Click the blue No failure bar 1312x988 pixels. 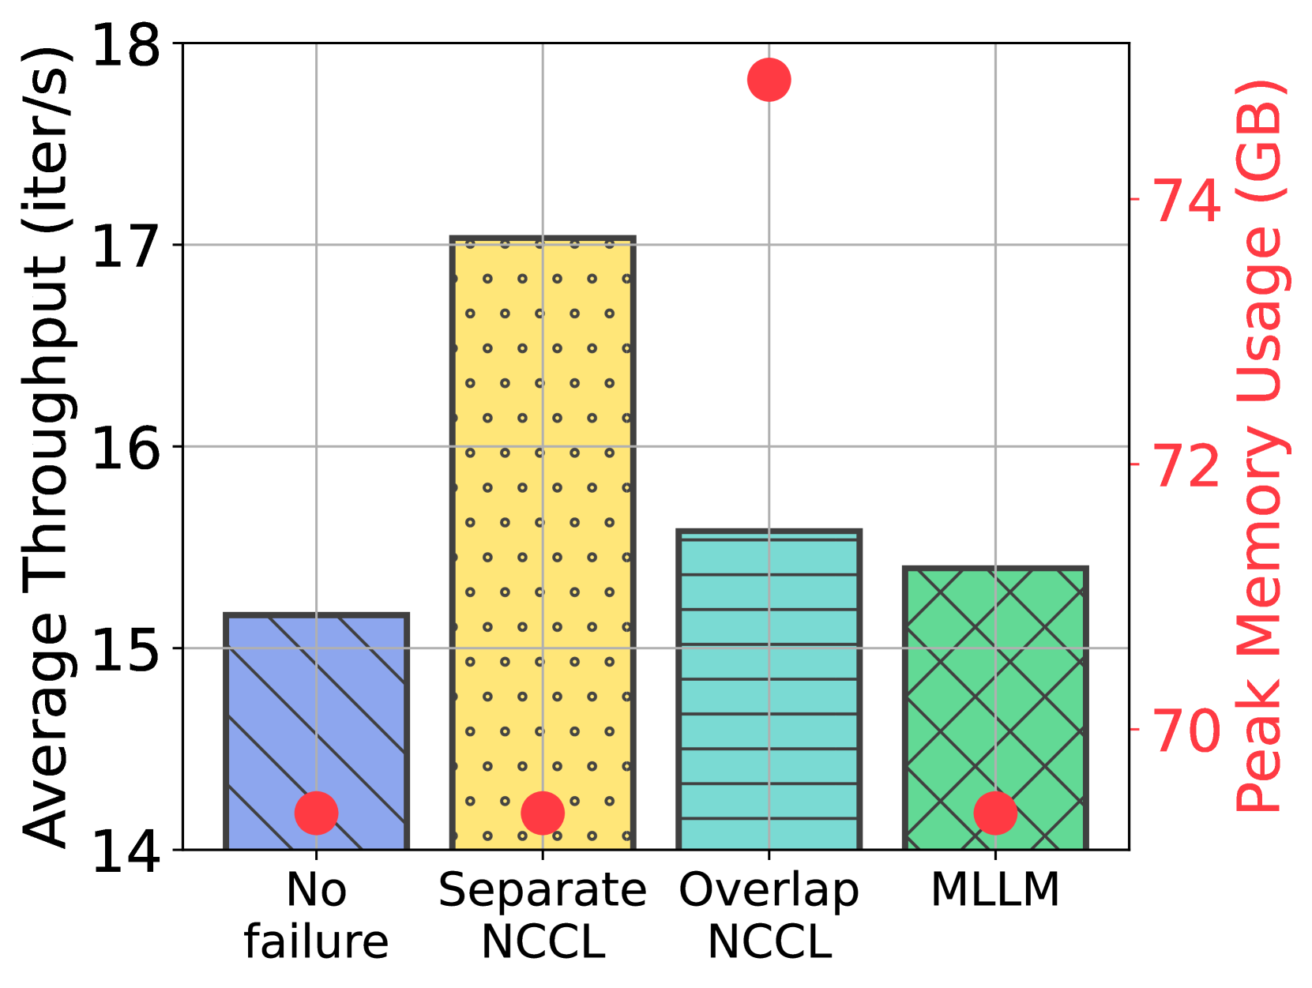316,711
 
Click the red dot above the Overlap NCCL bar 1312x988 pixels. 769,80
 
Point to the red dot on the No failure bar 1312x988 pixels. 316,813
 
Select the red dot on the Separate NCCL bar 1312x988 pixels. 543,813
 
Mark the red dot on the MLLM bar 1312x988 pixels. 995,813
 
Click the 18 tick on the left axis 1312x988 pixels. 126,43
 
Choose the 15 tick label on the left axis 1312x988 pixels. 126,648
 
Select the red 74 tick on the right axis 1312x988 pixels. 1187,199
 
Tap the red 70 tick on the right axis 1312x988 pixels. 1187,730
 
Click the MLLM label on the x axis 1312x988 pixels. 995,890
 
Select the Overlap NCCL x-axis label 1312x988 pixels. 769,916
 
